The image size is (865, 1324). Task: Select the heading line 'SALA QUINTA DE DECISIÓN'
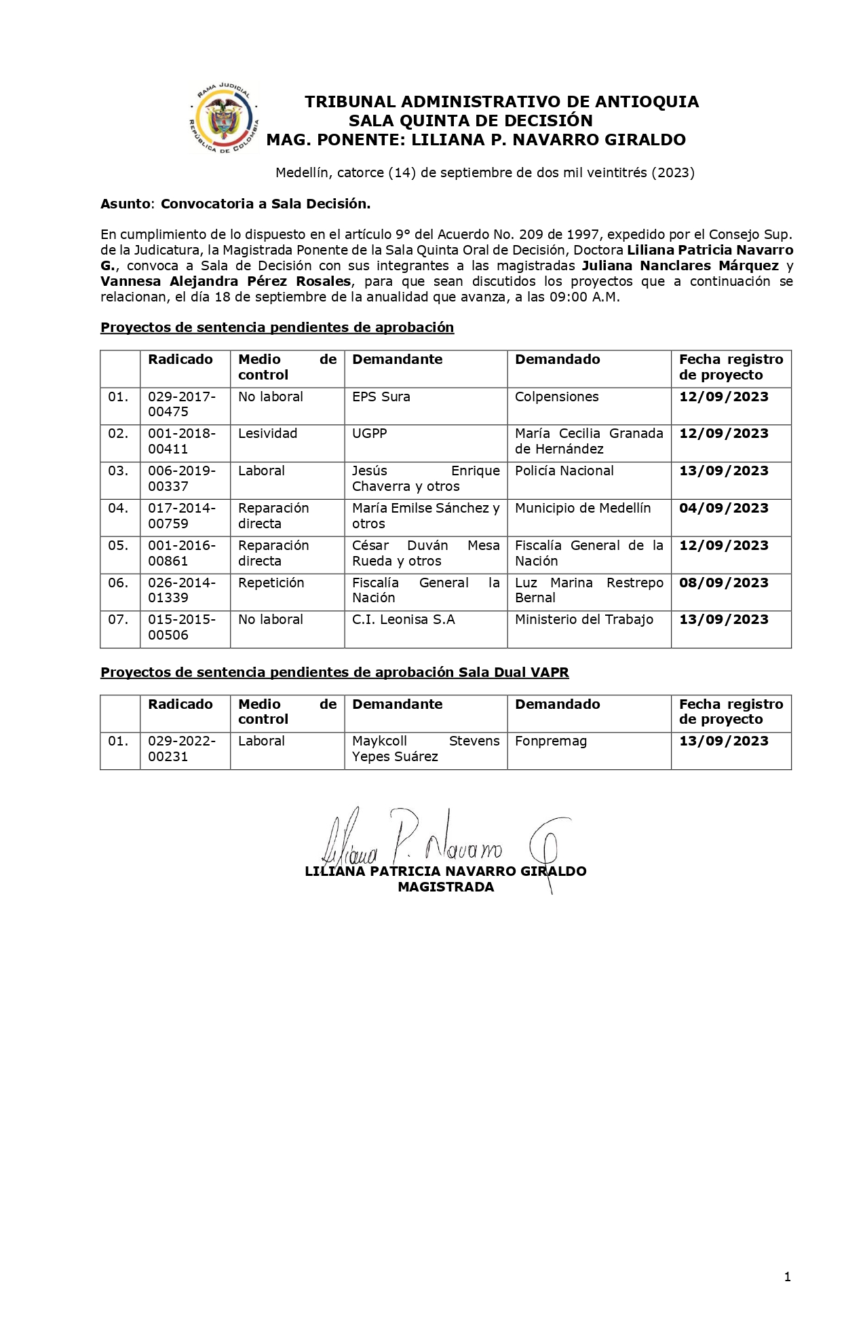click(470, 121)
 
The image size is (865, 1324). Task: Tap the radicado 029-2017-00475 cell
click(182, 405)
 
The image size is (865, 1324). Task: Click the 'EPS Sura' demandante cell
click(381, 397)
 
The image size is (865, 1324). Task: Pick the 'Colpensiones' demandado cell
click(556, 397)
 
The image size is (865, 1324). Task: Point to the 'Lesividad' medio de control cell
click(267, 434)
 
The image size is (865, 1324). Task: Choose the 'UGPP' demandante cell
click(369, 434)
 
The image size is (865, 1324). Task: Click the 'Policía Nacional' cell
click(564, 471)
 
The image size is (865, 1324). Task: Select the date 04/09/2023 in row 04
click(723, 509)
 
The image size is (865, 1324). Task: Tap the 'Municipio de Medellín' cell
click(582, 509)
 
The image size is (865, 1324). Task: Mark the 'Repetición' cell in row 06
click(271, 583)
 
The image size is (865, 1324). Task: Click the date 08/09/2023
click(723, 583)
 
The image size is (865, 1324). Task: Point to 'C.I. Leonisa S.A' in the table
click(403, 620)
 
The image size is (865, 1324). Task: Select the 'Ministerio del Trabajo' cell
click(583, 620)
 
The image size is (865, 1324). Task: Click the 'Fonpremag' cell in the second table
click(550, 741)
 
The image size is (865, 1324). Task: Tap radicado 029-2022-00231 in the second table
click(182, 749)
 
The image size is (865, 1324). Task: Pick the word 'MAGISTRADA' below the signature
click(446, 887)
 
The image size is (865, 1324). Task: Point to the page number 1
click(787, 1277)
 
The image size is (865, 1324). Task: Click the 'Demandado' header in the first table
click(557, 360)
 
